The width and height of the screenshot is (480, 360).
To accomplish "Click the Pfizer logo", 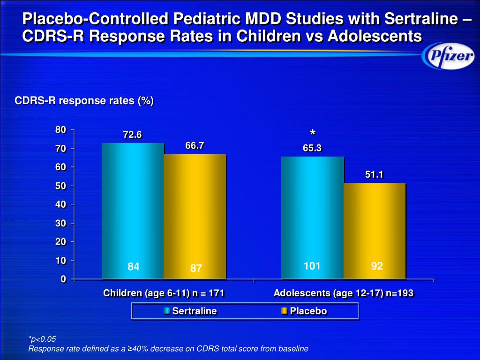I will (x=447, y=58).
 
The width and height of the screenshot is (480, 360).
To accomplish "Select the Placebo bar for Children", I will (x=195, y=216).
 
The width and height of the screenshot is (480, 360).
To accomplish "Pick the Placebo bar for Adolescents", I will (x=374, y=230).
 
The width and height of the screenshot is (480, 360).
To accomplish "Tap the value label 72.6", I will (x=132, y=135).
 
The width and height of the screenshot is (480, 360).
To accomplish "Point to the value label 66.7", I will (x=195, y=146).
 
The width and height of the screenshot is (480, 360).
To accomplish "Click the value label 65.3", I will (x=312, y=149).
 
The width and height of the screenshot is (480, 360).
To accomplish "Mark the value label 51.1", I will (x=375, y=175).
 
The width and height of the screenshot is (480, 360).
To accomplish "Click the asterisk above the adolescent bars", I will (x=312, y=133).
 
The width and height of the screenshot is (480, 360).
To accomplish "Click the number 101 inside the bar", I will (x=312, y=266).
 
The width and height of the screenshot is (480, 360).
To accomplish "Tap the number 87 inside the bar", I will (x=196, y=269).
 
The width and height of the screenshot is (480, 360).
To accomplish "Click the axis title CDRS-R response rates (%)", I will (x=84, y=101).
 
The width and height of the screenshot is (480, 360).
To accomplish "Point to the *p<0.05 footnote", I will (x=42, y=339).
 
